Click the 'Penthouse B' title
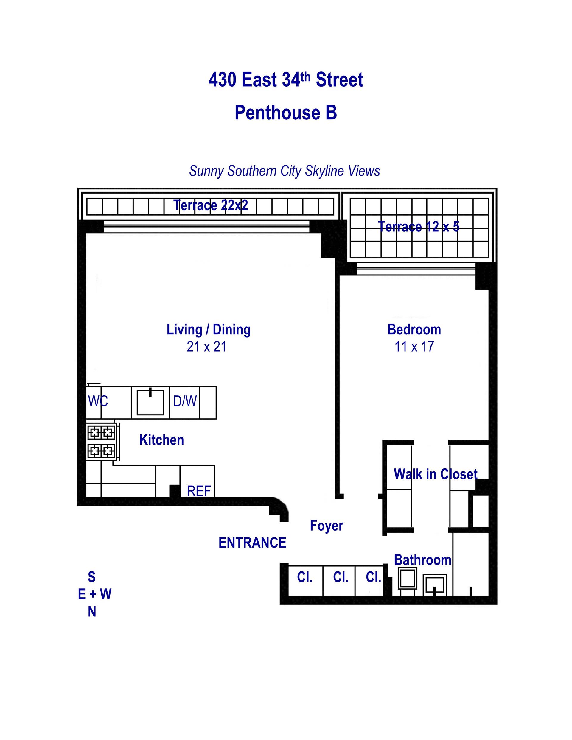click(x=285, y=113)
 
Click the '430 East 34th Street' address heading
click(x=285, y=80)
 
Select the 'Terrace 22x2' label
click(x=211, y=205)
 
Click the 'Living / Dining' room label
click(x=209, y=329)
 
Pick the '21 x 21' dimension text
click(x=206, y=347)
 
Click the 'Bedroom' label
click(x=414, y=329)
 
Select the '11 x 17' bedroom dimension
click(x=414, y=347)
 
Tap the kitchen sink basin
click(x=150, y=403)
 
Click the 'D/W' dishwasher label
click(x=185, y=401)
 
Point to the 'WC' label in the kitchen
click(x=98, y=401)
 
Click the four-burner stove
click(x=101, y=442)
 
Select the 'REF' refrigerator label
click(x=199, y=491)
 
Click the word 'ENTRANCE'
click(x=252, y=543)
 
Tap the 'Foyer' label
click(x=327, y=526)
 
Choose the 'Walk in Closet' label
click(x=435, y=474)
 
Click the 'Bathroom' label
click(x=422, y=560)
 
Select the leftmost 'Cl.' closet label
click(x=304, y=577)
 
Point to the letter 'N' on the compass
click(x=92, y=612)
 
